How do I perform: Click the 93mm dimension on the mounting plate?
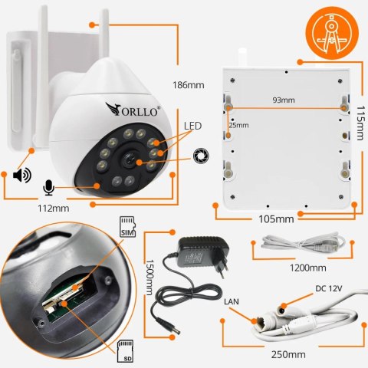[x=283, y=100]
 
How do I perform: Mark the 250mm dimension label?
[x=289, y=354]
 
